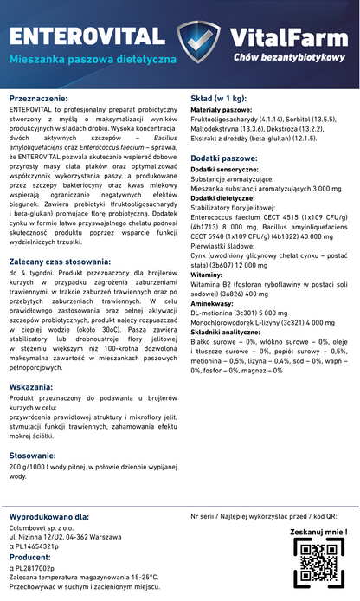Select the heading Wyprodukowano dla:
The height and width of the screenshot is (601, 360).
pos(56,517)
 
